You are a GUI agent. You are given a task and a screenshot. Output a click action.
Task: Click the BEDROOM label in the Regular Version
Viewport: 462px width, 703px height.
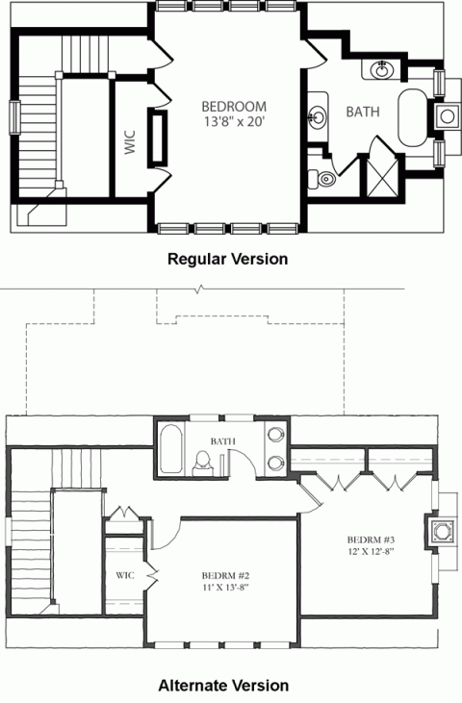click(234, 106)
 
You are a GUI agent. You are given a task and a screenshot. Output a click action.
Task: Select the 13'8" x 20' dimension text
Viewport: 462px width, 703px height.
click(234, 122)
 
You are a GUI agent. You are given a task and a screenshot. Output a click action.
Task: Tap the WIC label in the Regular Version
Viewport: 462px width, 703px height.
click(130, 141)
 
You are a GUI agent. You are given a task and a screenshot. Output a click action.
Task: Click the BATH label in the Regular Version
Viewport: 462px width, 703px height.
click(363, 112)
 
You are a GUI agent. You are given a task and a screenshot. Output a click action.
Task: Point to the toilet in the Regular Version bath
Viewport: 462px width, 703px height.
click(323, 177)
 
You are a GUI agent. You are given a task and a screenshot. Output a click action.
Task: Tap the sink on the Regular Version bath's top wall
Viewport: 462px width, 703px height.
click(380, 69)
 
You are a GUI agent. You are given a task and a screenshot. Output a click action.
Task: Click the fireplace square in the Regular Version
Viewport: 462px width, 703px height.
click(448, 115)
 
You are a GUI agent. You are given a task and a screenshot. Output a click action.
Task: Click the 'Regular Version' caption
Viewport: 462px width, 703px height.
click(228, 259)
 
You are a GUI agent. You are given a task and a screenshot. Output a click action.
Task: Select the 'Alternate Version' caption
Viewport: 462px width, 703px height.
click(224, 686)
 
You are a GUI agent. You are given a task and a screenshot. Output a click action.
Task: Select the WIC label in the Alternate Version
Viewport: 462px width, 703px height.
click(124, 575)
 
